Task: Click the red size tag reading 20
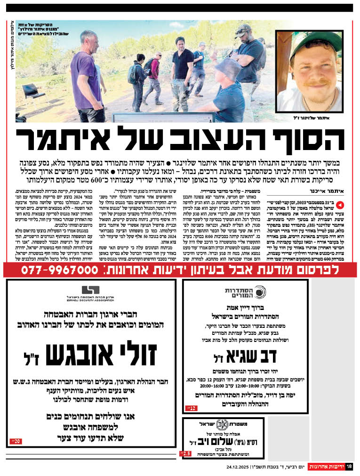pos(16,442)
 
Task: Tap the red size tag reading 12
pos(192,408)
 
